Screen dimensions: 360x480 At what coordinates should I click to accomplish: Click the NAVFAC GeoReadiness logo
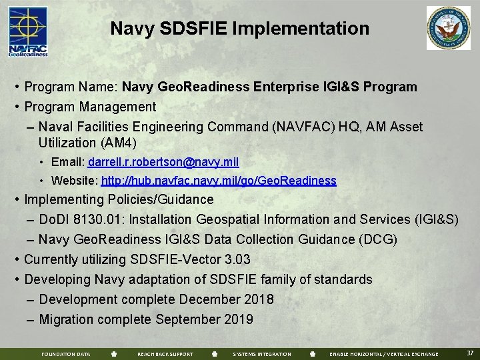pyautogui.click(x=28, y=31)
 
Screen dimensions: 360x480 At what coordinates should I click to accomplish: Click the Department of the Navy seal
pyautogui.click(x=449, y=29)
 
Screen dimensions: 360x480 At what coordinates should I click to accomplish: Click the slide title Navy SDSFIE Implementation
pyautogui.click(x=239, y=29)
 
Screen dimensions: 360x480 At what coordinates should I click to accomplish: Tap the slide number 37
pyautogui.click(x=470, y=353)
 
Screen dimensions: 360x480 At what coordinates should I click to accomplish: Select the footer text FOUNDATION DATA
pyautogui.click(x=66, y=354)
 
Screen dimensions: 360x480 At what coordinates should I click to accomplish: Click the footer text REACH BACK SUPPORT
pyautogui.click(x=165, y=354)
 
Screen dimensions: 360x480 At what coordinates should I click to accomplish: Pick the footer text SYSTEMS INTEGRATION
pyautogui.click(x=262, y=354)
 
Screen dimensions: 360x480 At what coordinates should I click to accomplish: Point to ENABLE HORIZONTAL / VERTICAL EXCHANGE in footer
pyautogui.click(x=384, y=354)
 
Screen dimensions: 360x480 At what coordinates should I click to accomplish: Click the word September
pyautogui.click(x=187, y=319)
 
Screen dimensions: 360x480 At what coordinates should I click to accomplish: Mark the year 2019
pyautogui.click(x=239, y=319)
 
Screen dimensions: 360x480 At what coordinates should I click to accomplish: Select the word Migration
pyautogui.click(x=67, y=319)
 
